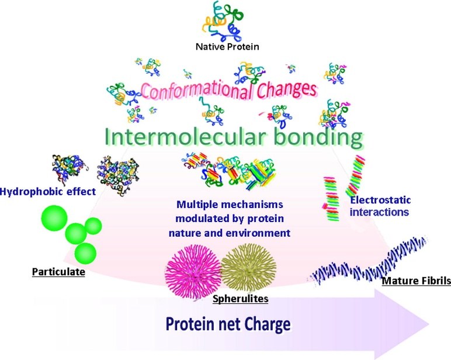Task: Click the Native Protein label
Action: point(227,47)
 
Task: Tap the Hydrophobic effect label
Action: point(48,192)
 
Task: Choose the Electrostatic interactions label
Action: point(380,206)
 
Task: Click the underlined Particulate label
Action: point(58,272)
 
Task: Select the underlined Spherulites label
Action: point(241,299)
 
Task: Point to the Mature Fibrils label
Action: point(416,281)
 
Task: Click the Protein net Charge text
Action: point(228,324)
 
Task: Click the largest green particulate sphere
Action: point(54,218)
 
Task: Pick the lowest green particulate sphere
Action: point(85,254)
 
